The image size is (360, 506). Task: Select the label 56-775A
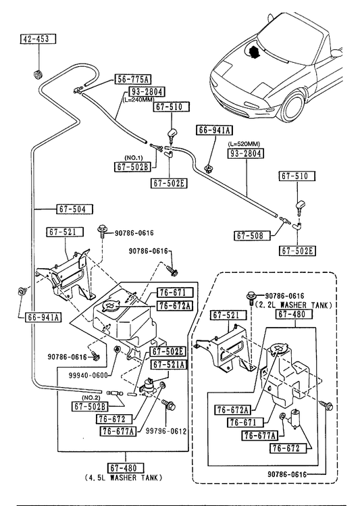132,79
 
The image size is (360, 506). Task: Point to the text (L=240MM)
138,99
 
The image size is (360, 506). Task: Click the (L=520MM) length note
244,144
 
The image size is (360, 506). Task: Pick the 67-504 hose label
74,209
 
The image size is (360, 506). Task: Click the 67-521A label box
169,365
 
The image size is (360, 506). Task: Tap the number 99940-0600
88,376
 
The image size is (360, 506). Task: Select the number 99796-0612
166,431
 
